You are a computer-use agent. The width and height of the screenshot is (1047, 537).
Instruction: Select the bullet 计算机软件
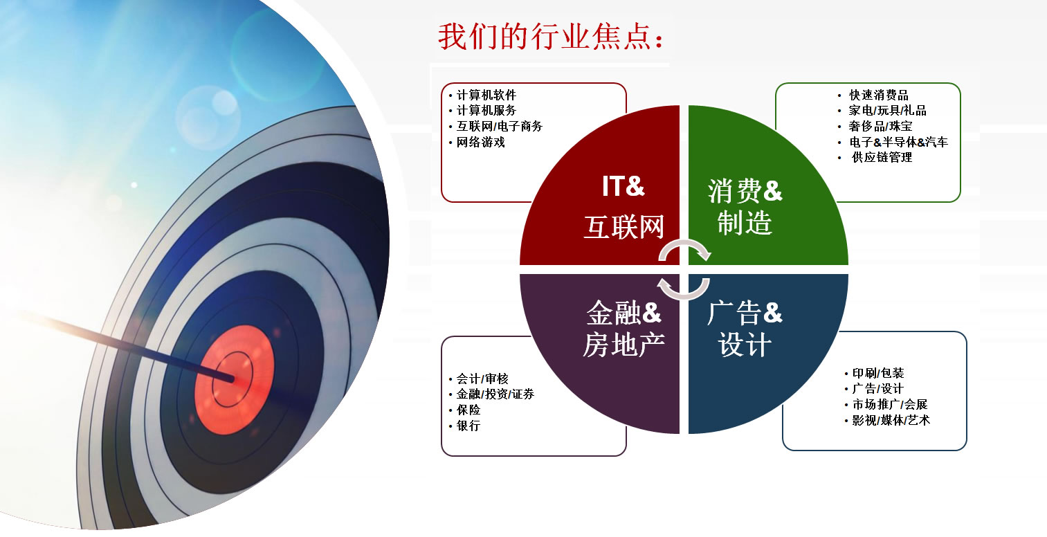tap(486, 95)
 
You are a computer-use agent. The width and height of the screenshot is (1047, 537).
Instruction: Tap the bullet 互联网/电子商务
tap(499, 126)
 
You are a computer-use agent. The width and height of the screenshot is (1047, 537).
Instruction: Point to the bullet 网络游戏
tap(480, 142)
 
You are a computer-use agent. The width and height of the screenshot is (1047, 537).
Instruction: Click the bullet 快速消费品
tap(879, 95)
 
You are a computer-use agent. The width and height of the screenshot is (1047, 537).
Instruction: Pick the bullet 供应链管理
tap(882, 158)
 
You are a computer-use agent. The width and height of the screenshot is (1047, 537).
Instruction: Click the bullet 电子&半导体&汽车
tap(898, 142)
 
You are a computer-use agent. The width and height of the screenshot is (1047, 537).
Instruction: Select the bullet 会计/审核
tap(482, 379)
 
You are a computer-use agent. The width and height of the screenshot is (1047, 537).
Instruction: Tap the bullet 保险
tap(468, 410)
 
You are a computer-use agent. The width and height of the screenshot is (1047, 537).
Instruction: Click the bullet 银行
tap(468, 426)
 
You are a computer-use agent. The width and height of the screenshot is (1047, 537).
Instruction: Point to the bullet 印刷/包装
tap(878, 373)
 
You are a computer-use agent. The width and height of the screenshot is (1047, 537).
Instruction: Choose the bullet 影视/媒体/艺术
tap(891, 420)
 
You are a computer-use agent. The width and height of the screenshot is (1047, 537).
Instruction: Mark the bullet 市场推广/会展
tap(890, 404)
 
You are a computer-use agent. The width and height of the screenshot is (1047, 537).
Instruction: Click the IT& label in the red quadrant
tap(623, 186)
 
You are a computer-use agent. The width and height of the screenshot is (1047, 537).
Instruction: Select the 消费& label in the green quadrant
tap(745, 191)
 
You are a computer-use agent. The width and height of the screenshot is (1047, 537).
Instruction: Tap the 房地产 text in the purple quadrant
tap(623, 345)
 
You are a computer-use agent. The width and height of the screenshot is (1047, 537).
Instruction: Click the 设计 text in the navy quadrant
tap(745, 345)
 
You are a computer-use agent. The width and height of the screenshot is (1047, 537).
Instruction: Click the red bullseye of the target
tap(235, 379)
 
